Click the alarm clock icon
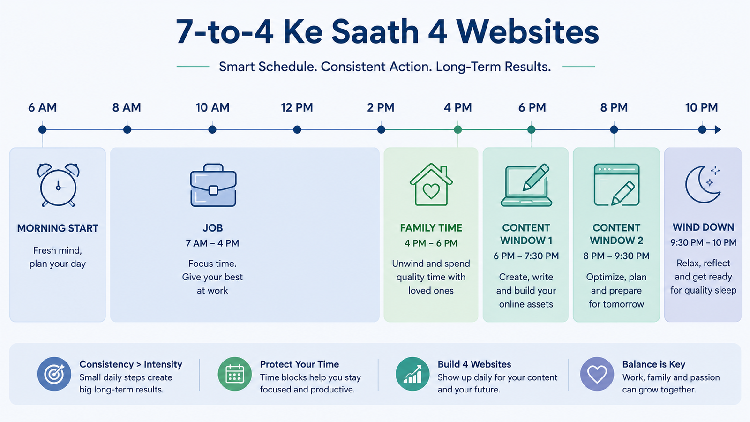58,185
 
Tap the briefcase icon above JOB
213,185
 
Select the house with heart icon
431,184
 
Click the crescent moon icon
703,185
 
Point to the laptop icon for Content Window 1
526,185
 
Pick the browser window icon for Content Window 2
616,185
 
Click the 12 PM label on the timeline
297,107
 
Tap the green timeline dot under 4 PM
457,129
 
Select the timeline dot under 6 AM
42,129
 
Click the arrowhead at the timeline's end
718,129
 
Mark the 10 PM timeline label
701,107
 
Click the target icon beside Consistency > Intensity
54,374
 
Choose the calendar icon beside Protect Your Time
235,374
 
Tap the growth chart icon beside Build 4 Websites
412,374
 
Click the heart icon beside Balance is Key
597,374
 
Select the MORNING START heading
58,228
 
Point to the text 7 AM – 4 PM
212,243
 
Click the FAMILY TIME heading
431,228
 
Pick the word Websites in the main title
527,31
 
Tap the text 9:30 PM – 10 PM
703,243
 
